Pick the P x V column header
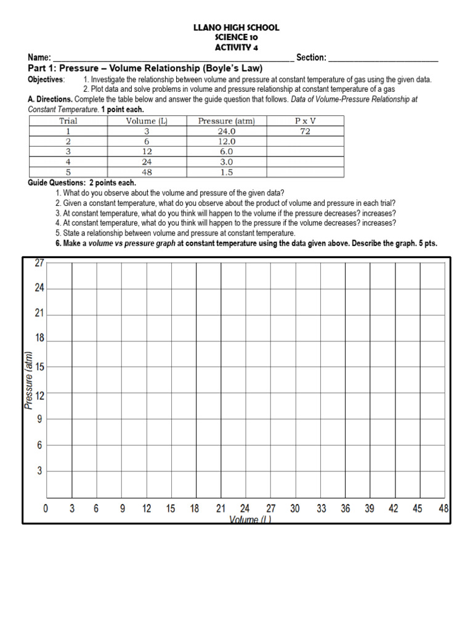(x=305, y=121)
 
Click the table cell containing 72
(x=305, y=131)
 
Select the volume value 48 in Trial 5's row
(x=147, y=173)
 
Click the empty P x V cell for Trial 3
(x=305, y=152)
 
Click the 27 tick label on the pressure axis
(x=39, y=263)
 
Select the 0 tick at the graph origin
(x=46, y=509)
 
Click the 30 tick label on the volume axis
(x=295, y=509)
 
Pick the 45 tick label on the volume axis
(x=418, y=509)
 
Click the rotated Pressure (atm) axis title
(x=28, y=380)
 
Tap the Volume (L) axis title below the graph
(x=250, y=519)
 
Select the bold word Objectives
(x=46, y=80)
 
